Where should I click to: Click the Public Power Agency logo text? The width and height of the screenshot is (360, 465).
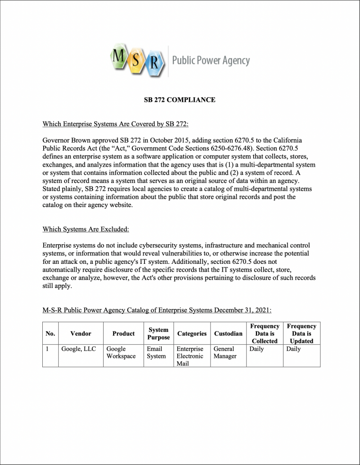pos(210,60)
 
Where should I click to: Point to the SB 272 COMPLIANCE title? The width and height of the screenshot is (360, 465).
pos(180,100)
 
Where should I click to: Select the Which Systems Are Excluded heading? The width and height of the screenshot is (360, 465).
pos(86,229)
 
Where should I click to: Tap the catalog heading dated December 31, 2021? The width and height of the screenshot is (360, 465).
pos(157,310)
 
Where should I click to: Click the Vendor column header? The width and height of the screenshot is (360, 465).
pos(80,334)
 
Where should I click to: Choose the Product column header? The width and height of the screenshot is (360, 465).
pos(123,334)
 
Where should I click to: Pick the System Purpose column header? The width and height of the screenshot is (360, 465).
pos(158,334)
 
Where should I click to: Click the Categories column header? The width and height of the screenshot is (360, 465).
pos(192,334)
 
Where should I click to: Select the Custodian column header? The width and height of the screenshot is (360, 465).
pos(228,334)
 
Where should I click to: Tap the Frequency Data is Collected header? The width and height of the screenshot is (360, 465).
pos(265,334)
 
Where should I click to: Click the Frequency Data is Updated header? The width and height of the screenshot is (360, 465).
pos(301,334)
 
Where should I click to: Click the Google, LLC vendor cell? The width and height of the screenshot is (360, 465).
pos(78,349)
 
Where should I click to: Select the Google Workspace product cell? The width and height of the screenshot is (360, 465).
pos(121,353)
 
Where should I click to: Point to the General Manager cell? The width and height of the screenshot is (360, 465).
pos(225,353)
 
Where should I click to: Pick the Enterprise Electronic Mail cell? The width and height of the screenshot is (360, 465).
pos(190,356)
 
